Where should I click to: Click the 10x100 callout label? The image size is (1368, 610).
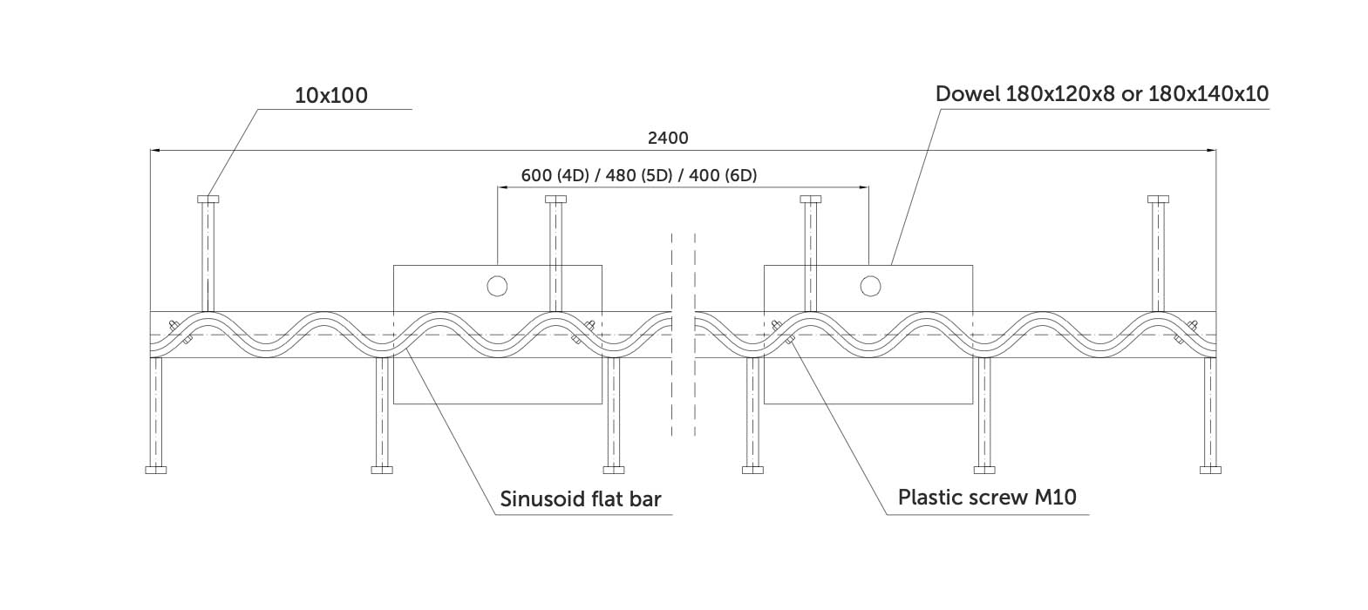(x=331, y=96)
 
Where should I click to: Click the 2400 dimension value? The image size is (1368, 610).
(x=668, y=138)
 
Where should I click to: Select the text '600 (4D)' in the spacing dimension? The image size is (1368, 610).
(x=555, y=176)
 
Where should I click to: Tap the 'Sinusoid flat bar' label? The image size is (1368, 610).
(x=581, y=498)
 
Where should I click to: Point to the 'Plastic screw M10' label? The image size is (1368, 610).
(x=987, y=497)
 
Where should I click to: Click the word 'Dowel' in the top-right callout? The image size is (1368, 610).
(x=968, y=94)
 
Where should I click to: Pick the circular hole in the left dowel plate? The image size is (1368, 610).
(x=497, y=286)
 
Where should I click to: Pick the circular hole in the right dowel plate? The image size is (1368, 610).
(x=870, y=286)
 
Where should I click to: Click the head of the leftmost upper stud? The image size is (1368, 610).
(x=208, y=199)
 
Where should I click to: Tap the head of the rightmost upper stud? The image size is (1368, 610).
(x=1158, y=199)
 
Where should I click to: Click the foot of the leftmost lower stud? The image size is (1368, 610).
(x=156, y=470)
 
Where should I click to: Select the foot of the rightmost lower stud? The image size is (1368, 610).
(x=1210, y=470)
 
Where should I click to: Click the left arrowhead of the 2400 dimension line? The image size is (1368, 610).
(x=155, y=150)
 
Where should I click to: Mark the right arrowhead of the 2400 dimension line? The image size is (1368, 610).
(x=1211, y=150)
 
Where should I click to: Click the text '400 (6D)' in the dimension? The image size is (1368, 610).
(x=723, y=176)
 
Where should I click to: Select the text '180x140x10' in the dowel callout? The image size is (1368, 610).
(x=1208, y=94)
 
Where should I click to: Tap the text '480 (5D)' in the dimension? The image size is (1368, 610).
(x=639, y=176)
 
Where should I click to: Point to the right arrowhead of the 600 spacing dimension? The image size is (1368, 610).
(x=864, y=187)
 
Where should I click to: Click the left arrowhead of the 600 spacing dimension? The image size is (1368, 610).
(x=502, y=187)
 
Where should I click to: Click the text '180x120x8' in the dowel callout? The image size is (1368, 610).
(x=1059, y=94)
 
